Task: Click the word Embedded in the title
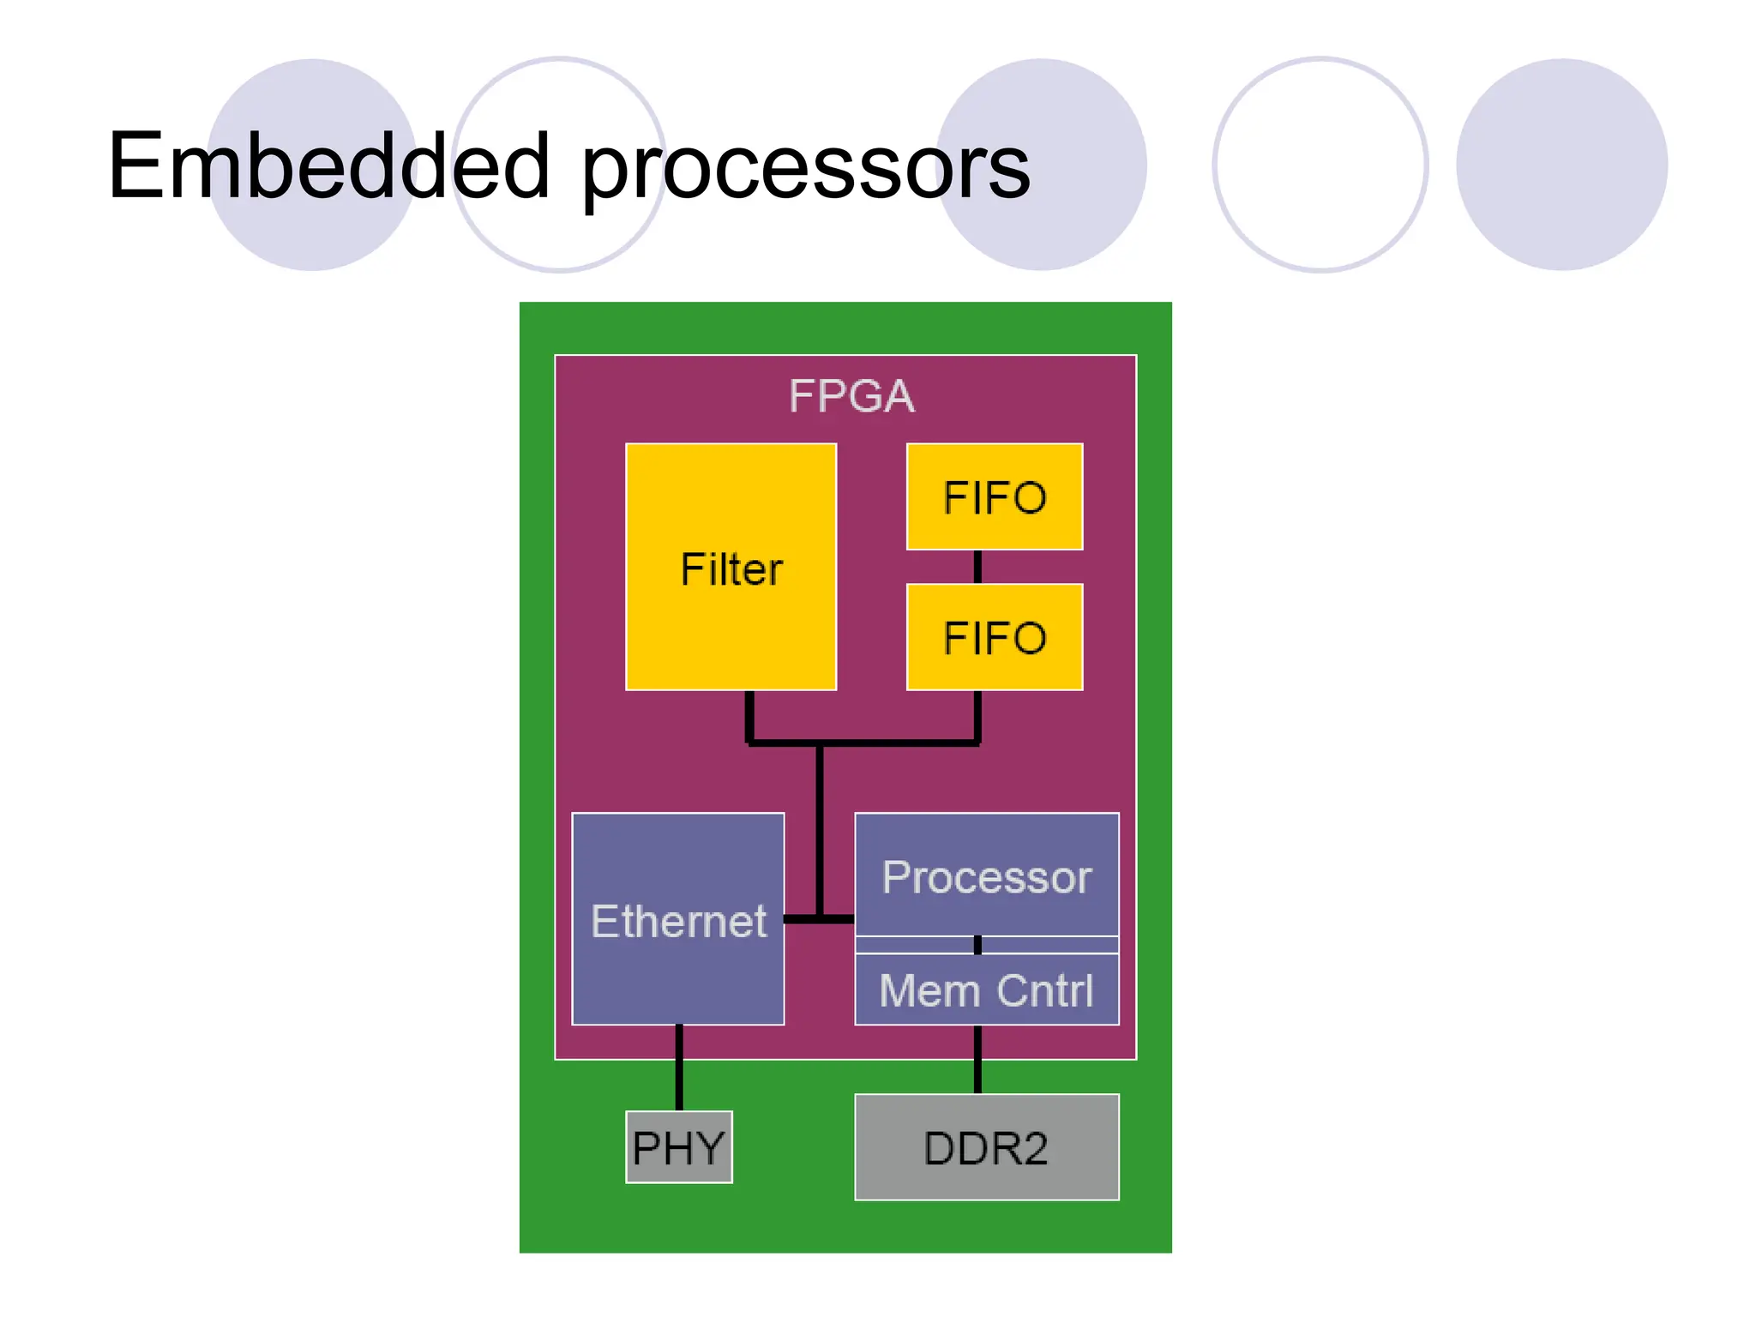click(328, 166)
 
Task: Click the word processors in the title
click(806, 170)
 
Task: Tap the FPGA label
click(851, 396)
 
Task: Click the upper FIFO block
click(995, 497)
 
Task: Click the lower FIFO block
click(995, 637)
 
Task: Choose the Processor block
click(986, 876)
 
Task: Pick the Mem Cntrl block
click(986, 990)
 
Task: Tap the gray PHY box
click(678, 1147)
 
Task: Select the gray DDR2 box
click(986, 1147)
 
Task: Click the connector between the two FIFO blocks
click(977, 567)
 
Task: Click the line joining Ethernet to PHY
click(679, 1068)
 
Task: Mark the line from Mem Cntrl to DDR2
click(977, 1060)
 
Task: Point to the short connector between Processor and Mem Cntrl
click(977, 945)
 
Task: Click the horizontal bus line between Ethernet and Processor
click(819, 919)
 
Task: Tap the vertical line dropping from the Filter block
click(749, 716)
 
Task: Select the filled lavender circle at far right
click(1561, 165)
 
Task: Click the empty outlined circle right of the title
click(1320, 165)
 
